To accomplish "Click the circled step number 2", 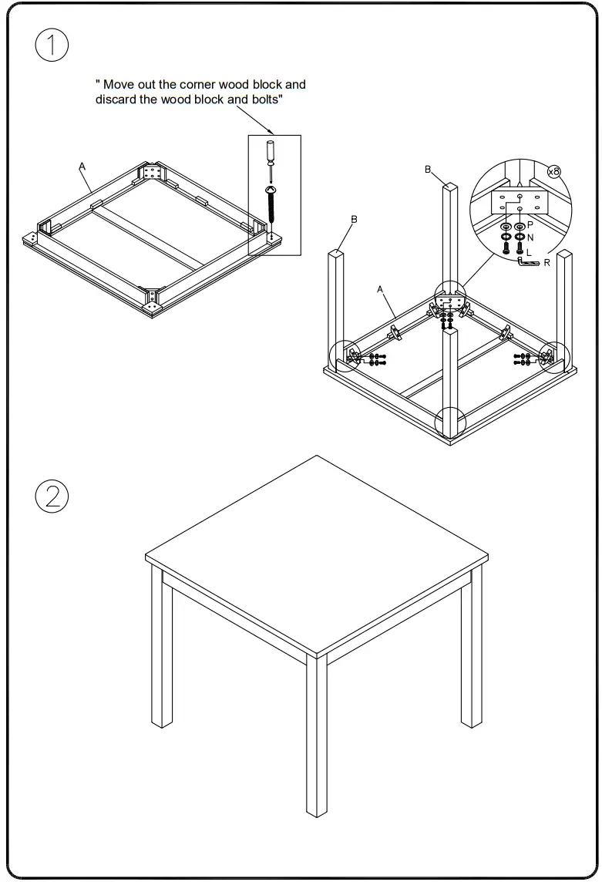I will point(52,496).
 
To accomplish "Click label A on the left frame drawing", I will point(82,166).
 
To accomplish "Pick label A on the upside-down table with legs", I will point(380,288).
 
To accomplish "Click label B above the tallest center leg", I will point(428,170).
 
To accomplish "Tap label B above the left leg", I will point(354,220).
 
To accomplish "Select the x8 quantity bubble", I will point(553,171).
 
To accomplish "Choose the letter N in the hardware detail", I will point(530,238).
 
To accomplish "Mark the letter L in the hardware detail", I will point(529,251).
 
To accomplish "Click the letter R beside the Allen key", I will point(547,263).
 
